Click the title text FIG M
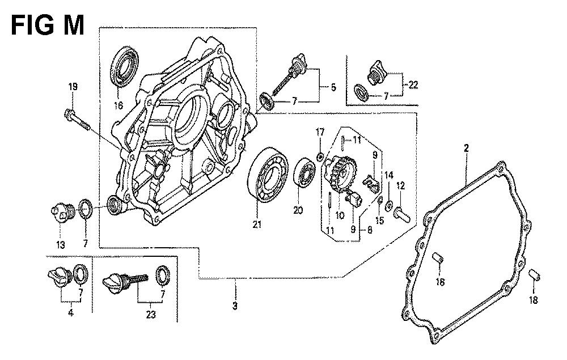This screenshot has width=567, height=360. click(48, 24)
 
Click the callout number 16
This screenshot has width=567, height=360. click(120, 105)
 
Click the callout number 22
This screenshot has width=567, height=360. click(413, 85)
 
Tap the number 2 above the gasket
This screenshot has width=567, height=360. click(466, 149)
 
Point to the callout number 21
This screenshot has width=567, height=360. click(257, 225)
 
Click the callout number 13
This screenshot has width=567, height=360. click(60, 245)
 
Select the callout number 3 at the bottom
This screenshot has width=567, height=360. click(235, 307)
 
